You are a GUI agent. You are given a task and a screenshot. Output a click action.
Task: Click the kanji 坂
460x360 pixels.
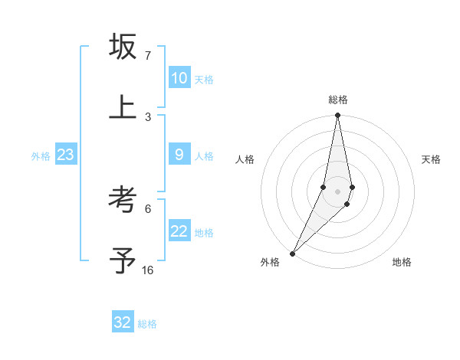[123, 47]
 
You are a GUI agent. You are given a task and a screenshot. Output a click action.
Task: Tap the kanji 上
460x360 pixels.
[123, 107]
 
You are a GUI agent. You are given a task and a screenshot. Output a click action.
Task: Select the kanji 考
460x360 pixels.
[123, 201]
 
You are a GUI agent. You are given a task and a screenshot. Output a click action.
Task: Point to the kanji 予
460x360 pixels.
[123, 261]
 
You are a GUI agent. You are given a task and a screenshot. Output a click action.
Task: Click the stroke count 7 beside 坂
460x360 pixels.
[148, 56]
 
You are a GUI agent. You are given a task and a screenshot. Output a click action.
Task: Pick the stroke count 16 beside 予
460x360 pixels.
[148, 270]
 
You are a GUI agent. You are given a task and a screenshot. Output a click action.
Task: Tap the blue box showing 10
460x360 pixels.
[179, 78]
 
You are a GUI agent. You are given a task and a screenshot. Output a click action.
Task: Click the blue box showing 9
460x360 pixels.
[179, 155]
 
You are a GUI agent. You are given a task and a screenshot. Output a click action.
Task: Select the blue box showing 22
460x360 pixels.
[179, 231]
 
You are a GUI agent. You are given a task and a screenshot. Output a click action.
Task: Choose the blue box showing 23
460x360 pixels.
[65, 155]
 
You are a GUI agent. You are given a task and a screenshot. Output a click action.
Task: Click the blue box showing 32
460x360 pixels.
[122, 322]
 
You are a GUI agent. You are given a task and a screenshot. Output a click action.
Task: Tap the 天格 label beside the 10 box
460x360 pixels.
[204, 80]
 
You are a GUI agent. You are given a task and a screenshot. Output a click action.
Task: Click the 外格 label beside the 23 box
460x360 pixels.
[41, 156]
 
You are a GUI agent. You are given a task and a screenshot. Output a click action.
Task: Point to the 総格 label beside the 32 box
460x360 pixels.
[147, 324]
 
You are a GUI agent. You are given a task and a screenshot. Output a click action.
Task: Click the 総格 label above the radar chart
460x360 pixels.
[338, 100]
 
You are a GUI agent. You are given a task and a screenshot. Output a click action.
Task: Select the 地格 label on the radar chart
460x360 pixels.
[402, 262]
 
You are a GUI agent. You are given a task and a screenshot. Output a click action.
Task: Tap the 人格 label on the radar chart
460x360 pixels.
[245, 159]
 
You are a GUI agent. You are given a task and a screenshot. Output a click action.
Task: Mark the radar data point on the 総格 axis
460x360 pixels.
[337, 116]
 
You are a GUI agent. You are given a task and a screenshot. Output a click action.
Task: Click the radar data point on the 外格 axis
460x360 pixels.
[293, 253]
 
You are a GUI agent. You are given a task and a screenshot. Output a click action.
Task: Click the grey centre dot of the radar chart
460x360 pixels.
[337, 191]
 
